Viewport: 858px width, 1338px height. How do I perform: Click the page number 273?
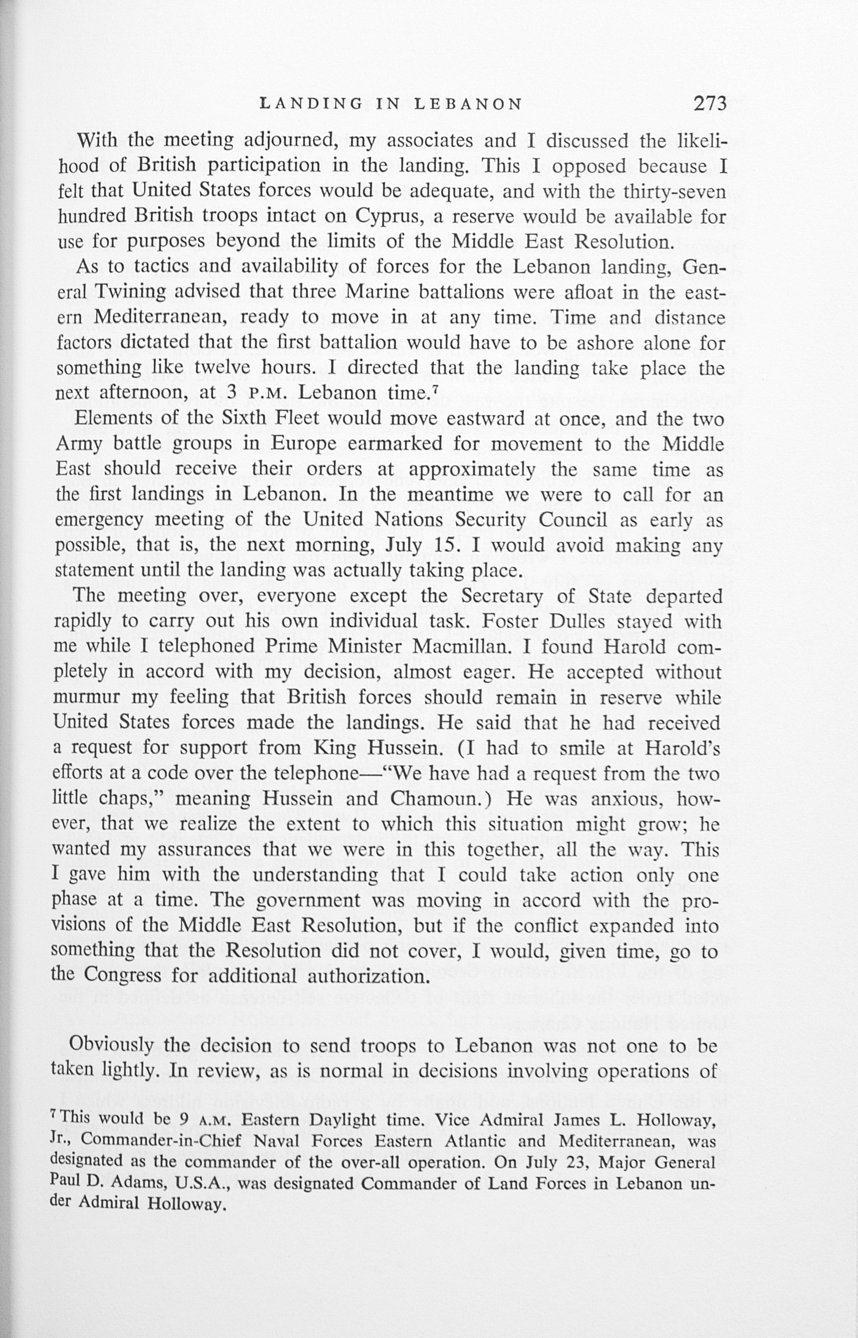710,104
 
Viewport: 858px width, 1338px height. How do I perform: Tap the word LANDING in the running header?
312,104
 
